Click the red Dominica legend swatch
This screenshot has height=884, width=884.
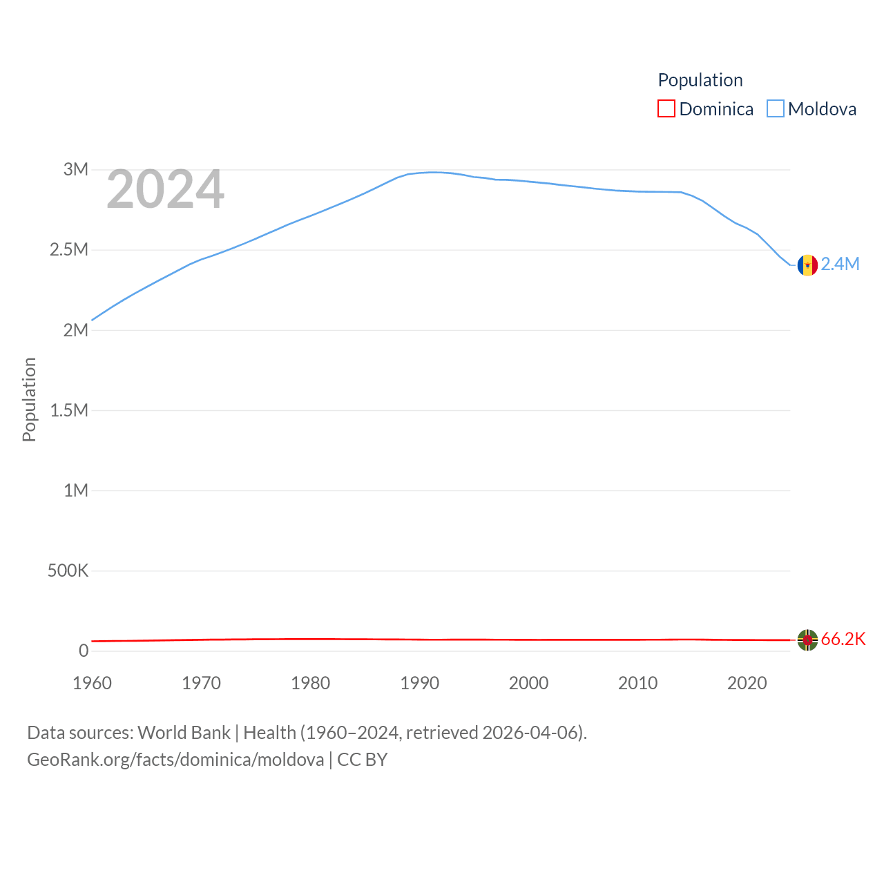click(x=666, y=109)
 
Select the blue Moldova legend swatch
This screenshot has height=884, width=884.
click(x=776, y=109)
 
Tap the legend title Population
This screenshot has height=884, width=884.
click(x=700, y=80)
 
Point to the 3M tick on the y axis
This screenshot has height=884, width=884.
click(x=76, y=169)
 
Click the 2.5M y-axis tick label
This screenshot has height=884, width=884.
click(x=69, y=249)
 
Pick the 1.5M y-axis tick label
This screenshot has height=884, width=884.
click(x=69, y=410)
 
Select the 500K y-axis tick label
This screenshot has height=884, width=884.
click(x=68, y=570)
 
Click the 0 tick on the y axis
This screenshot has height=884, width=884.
click(x=84, y=651)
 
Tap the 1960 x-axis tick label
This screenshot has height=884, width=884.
click(x=92, y=683)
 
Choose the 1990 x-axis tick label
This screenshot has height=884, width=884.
click(x=419, y=683)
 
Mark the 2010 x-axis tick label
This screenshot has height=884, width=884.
click(x=637, y=683)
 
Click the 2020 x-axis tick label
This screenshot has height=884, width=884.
click(x=747, y=683)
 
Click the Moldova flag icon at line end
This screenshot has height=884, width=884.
click(x=807, y=265)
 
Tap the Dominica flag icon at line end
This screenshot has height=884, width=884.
click(x=807, y=640)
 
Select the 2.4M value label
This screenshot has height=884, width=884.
click(x=840, y=264)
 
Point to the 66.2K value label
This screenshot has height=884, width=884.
click(x=843, y=639)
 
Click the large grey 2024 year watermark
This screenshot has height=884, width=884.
click(x=165, y=189)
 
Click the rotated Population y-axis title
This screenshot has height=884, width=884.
click(x=29, y=399)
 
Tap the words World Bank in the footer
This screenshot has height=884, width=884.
click(x=184, y=732)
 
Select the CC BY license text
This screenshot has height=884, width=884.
click(x=362, y=760)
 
